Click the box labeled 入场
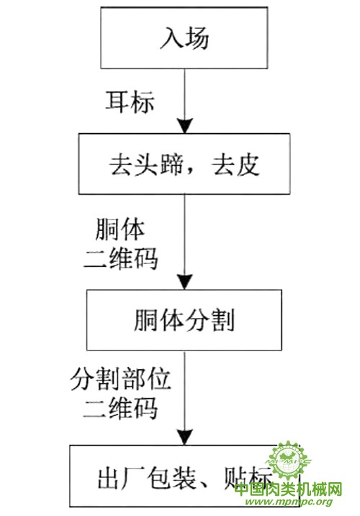[184, 38]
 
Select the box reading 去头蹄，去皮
[184, 164]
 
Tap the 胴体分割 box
[184, 320]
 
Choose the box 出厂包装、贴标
[184, 476]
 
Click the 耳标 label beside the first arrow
[130, 101]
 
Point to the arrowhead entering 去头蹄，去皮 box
[184, 126]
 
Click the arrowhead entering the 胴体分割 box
[184, 282]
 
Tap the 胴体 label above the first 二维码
[120, 230]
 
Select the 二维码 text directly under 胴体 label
[121, 258]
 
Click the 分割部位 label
[120, 379]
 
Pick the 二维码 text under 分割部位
[120, 408]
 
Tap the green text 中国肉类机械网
[289, 489]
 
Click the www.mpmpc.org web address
[289, 502]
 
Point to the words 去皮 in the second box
[236, 164]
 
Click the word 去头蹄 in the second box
[146, 164]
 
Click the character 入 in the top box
[171, 38]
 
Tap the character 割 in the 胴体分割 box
[222, 320]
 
